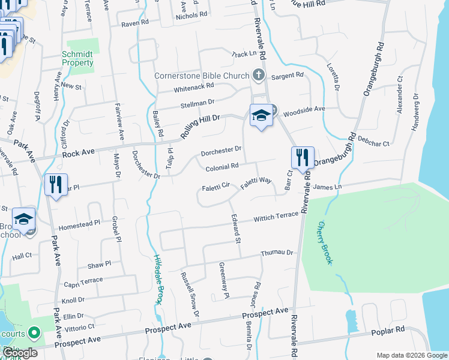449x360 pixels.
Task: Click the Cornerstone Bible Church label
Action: [x=202, y=76]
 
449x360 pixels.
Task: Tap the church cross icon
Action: [x=259, y=75]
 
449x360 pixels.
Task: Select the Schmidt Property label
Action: [x=78, y=58]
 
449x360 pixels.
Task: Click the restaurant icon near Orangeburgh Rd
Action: [x=302, y=158]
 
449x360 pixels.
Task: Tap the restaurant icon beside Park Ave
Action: [x=56, y=184]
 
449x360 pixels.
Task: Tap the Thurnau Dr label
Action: [x=277, y=253]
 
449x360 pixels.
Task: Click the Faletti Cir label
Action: [x=217, y=186]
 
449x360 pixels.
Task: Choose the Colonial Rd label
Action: [x=222, y=165]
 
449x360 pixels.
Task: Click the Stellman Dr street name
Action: [x=197, y=105]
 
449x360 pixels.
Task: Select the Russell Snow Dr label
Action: [x=190, y=293]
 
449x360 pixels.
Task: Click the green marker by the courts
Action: [x=34, y=332]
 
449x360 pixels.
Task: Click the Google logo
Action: [x=20, y=353]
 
